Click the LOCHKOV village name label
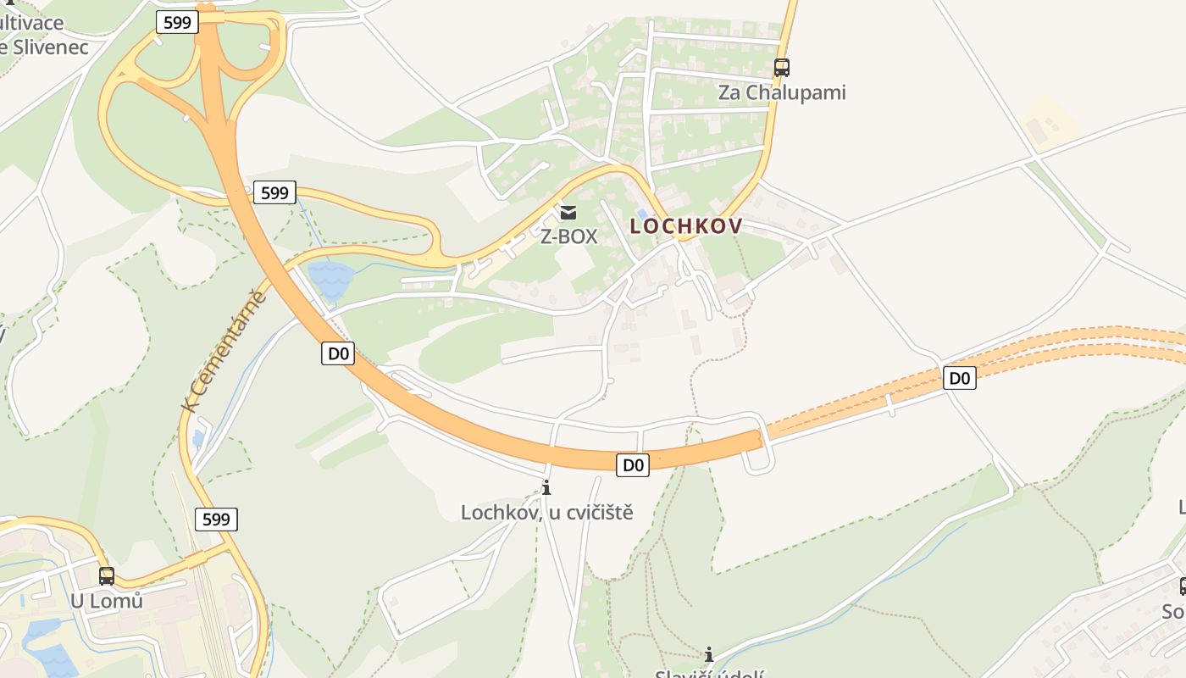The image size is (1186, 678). [685, 225]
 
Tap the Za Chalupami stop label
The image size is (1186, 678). [782, 92]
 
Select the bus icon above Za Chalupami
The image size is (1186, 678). [782, 67]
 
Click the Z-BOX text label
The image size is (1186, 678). [568, 236]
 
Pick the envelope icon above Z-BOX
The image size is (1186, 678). [568, 212]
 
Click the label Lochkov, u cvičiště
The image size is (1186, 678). [546, 512]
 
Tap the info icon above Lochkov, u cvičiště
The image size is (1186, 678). [546, 487]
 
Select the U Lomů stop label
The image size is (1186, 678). [107, 601]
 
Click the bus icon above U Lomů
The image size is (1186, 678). [107, 575]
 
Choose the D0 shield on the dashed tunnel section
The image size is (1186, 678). [959, 378]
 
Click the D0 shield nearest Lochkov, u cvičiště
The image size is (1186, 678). [633, 464]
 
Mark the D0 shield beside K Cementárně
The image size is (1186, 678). [337, 353]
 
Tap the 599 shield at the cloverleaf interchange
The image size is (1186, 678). [177, 22]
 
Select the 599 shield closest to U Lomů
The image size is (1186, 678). [216, 519]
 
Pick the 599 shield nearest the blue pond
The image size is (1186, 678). [274, 193]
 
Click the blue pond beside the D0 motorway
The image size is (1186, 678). [330, 278]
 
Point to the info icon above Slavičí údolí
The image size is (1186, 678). [709, 654]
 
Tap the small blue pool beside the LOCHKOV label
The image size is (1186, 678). [642, 214]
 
